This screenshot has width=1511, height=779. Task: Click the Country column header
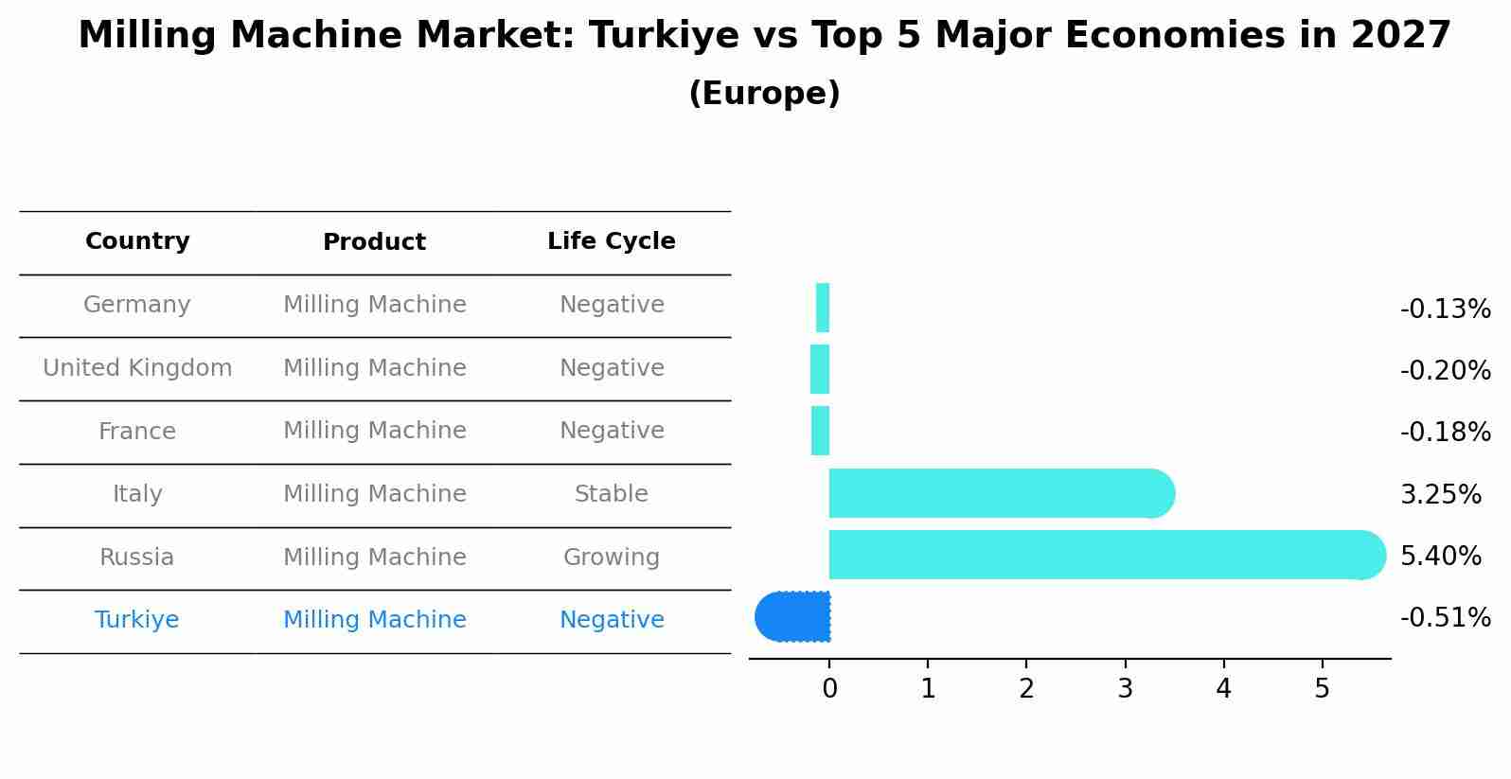[137, 241]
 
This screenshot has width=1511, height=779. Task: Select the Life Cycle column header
[612, 241]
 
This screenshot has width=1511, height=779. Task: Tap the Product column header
[374, 242]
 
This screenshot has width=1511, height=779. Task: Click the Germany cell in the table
[137, 305]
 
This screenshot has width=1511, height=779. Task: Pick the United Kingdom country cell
[137, 368]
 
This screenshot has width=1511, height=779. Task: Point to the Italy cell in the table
[137, 494]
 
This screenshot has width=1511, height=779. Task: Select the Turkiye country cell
[137, 620]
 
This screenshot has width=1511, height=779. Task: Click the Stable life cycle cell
[612, 494]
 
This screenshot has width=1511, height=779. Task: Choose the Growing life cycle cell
[612, 558]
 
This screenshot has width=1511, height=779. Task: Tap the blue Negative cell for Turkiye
[612, 620]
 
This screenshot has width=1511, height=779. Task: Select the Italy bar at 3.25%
[994, 493]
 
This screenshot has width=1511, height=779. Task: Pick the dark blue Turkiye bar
[793, 616]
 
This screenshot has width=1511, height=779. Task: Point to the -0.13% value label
[1445, 310]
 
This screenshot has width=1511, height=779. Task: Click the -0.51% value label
[1445, 618]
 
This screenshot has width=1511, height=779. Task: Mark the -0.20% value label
[1445, 371]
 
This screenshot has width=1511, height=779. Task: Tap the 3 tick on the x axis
[1125, 689]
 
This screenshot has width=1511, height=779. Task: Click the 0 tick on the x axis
[829, 689]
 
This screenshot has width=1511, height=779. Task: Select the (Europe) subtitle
[764, 94]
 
